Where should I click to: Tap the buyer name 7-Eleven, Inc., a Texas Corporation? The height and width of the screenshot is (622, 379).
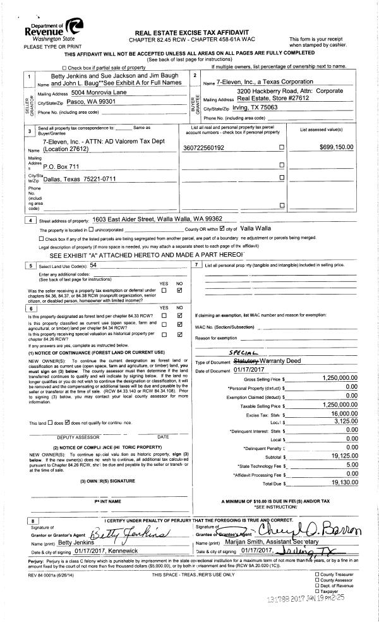pyautogui.click(x=265, y=82)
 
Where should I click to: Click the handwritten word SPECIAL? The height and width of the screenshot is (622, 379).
pyautogui.click(x=241, y=356)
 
